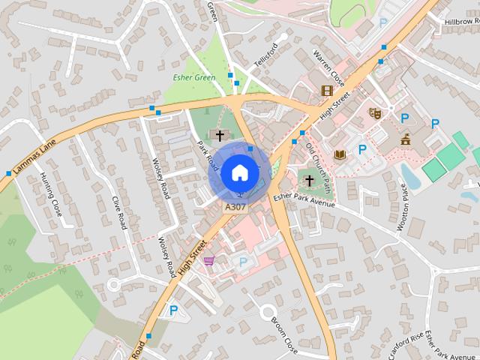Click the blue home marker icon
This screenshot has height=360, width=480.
pos(239,172)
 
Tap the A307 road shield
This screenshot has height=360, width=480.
pos(234,206)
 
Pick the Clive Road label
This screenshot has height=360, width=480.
pos(118,214)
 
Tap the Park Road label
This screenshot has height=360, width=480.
pos(206,152)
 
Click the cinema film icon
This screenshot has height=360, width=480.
pos(326,91)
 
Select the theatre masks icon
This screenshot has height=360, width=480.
pos(375,113)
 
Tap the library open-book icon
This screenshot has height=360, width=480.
pos(339,154)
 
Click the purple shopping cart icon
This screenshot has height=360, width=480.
pos(208,260)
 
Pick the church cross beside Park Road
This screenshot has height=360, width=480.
pos(220,136)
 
